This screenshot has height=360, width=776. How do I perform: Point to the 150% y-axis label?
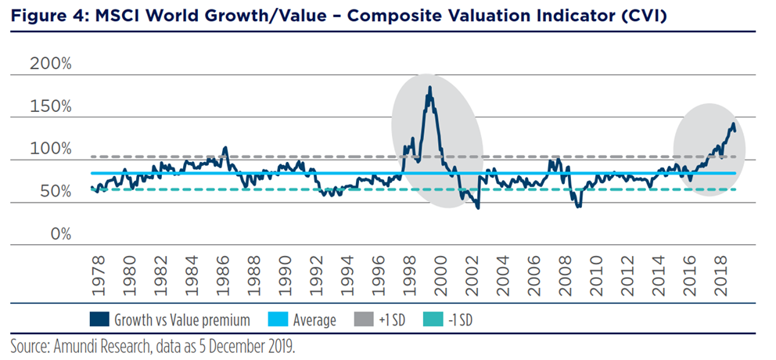51,106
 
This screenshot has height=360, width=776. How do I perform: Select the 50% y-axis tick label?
55,191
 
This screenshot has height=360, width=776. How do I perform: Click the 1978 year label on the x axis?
97,273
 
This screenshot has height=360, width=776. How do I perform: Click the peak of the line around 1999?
430,88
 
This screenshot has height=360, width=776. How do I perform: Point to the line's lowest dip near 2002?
477,207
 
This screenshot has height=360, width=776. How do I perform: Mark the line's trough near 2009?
578,206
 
